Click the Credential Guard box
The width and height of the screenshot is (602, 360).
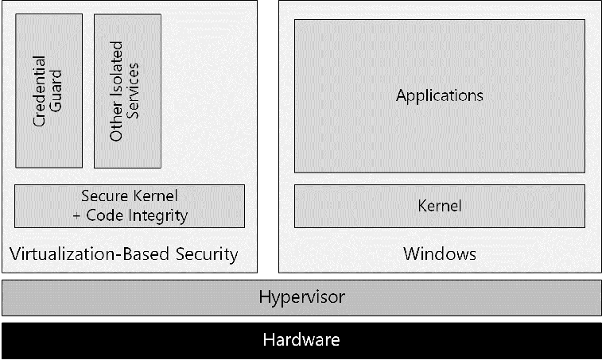[x=48, y=91]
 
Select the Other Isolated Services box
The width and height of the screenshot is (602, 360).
[x=127, y=91]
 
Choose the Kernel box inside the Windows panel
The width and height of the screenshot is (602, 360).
[x=439, y=206]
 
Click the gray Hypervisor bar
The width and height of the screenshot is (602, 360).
[x=301, y=297]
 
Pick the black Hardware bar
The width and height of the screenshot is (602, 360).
[x=301, y=340]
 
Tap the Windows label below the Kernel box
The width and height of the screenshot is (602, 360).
[x=439, y=254]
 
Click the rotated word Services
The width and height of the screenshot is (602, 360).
[x=136, y=91]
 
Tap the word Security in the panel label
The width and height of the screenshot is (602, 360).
[x=204, y=254]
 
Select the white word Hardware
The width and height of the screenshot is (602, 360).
[x=301, y=340]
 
